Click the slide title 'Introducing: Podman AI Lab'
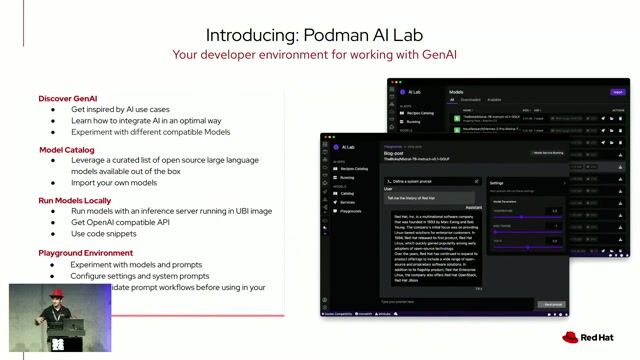pyautogui.click(x=319, y=34)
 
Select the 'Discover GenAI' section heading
pyautogui.click(x=68, y=99)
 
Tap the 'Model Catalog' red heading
pyautogui.click(x=66, y=149)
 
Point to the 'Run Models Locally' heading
pyautogui.click(x=75, y=200)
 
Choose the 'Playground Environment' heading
pyautogui.click(x=88, y=253)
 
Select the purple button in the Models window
pyautogui.click(x=617, y=90)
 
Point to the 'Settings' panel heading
pyautogui.click(x=497, y=183)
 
